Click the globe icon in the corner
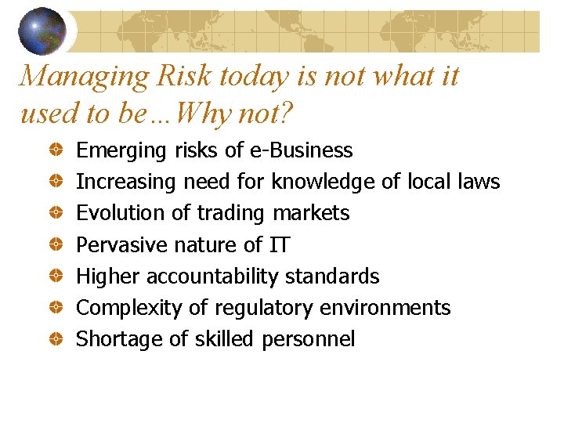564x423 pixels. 42,31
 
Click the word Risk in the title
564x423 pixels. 186,77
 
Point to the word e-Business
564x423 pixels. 302,150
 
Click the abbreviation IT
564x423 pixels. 279,245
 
